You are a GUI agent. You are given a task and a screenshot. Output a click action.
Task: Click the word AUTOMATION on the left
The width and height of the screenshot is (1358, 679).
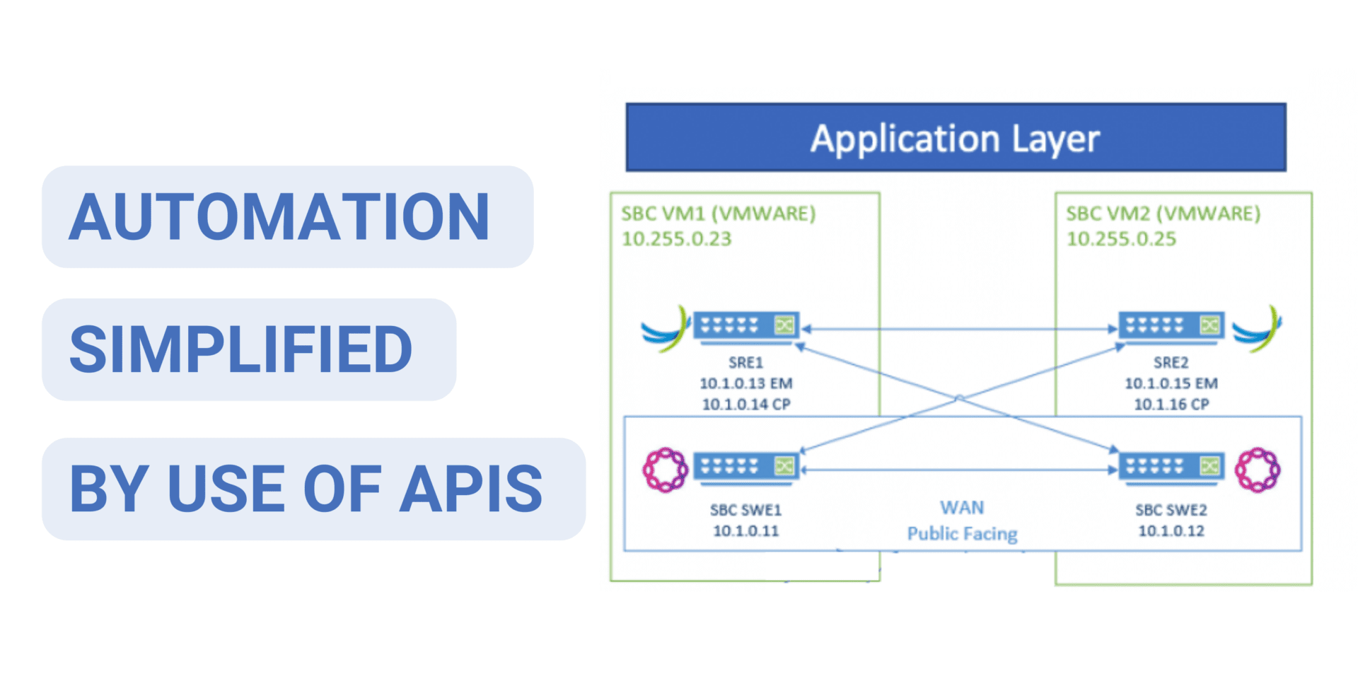(x=279, y=217)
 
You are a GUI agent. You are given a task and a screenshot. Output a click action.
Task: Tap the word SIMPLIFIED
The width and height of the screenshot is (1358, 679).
(x=241, y=349)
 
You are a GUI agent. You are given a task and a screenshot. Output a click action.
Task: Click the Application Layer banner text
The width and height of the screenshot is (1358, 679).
(x=955, y=139)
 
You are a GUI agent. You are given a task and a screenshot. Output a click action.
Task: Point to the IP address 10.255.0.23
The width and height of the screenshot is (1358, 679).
(x=676, y=239)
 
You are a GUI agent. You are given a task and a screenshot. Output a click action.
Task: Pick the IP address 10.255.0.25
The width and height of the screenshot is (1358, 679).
(x=1121, y=239)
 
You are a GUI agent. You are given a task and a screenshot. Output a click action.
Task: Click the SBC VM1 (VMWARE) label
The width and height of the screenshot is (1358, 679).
(x=718, y=214)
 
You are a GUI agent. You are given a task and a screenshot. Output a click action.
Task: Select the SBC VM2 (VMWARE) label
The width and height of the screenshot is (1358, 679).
(x=1163, y=214)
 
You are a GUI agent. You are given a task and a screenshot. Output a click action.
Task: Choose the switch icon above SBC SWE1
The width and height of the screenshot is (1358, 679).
(x=746, y=468)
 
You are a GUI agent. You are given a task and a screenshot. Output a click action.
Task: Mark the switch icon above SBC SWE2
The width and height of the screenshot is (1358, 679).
(x=1171, y=468)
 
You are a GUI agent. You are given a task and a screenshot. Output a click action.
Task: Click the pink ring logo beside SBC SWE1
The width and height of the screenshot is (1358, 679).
(x=664, y=469)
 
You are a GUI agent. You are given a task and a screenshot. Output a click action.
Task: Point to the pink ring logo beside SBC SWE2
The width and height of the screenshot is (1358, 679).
(x=1257, y=469)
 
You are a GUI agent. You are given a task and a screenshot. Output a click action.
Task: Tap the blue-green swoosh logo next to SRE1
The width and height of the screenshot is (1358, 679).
(x=666, y=330)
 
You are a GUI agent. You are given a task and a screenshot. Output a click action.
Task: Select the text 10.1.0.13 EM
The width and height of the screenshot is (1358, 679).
(x=745, y=383)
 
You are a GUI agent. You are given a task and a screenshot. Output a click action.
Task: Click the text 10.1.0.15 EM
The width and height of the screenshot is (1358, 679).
(x=1171, y=383)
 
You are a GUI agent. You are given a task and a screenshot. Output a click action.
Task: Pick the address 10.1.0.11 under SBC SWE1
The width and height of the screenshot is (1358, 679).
(x=745, y=530)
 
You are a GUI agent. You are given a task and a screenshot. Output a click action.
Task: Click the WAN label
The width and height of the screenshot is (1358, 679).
(x=962, y=508)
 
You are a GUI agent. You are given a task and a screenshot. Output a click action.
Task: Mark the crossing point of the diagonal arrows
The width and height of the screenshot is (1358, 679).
(x=959, y=399)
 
